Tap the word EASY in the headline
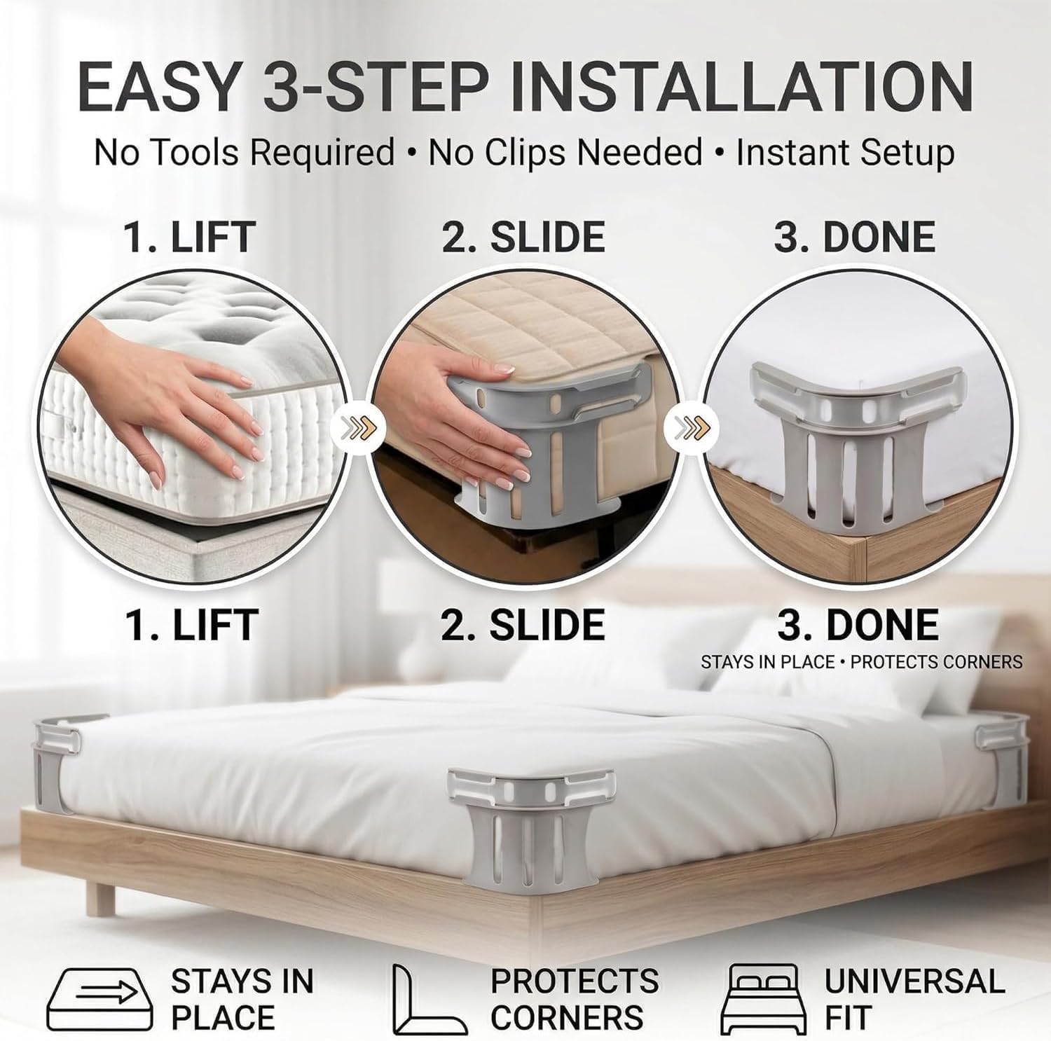click(158, 87)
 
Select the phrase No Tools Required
click(245, 153)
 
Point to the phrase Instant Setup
click(845, 153)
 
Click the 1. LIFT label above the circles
click(190, 237)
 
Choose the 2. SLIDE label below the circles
click(523, 625)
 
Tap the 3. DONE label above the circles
click(855, 237)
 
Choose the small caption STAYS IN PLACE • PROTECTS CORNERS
click(861, 662)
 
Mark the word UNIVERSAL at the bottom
click(914, 981)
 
